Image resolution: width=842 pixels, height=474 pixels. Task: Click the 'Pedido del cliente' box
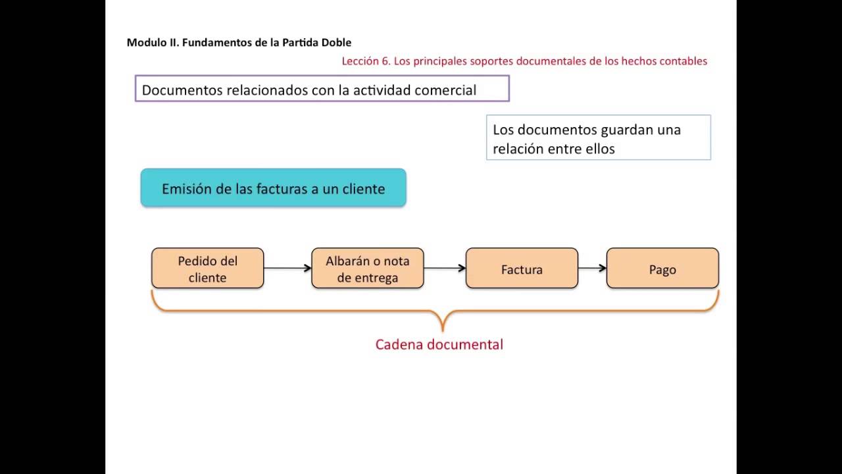coord(207,268)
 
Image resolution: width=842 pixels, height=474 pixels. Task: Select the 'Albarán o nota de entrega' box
coord(368,268)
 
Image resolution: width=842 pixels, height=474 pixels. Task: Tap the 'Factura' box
coord(522,268)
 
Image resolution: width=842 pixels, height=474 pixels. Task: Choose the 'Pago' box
coord(662,268)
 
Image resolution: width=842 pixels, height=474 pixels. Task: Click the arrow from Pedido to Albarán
coord(287,268)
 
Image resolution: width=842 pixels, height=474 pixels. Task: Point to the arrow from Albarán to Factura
coord(445,268)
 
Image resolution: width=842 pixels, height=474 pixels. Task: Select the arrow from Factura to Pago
coord(593,268)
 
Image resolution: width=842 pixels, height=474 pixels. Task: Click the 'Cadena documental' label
coord(439,344)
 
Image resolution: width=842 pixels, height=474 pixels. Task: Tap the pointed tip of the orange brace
coord(443,331)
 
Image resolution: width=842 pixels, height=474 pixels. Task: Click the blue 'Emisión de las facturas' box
coord(273,188)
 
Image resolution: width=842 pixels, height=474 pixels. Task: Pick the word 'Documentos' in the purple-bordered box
coord(182,90)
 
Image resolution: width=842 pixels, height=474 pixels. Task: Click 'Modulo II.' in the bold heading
coord(153,43)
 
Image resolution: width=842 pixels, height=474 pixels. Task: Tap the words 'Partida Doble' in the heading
coord(316,43)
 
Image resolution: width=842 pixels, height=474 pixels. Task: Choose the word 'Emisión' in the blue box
coord(186,189)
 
